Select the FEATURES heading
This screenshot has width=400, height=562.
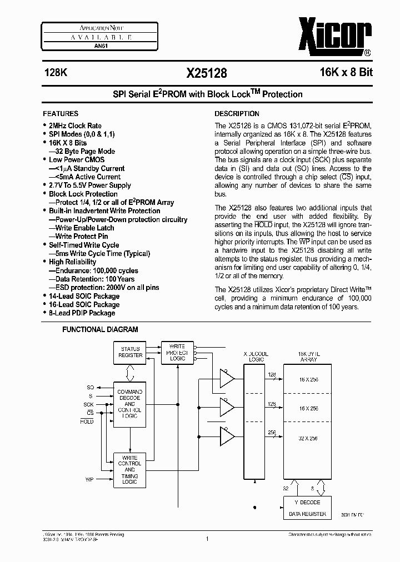click(61, 113)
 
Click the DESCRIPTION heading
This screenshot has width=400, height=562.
click(237, 113)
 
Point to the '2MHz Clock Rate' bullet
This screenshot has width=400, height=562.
click(75, 126)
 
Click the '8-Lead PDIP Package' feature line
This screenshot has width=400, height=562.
click(82, 313)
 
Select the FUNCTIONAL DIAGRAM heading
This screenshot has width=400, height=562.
click(100, 329)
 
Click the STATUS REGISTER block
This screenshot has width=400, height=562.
click(131, 352)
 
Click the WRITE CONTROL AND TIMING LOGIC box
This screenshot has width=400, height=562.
click(129, 470)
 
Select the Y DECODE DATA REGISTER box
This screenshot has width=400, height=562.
click(307, 508)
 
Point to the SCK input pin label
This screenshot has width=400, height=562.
click(89, 404)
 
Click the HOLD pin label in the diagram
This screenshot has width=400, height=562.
click(87, 422)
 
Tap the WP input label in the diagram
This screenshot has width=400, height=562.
click(89, 479)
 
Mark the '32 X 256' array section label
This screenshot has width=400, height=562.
click(307, 438)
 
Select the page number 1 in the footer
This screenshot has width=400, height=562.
click(206, 538)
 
